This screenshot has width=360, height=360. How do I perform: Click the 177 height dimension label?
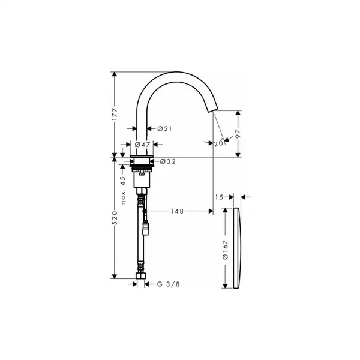point(115,114)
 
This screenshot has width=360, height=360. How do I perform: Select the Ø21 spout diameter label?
point(164,129)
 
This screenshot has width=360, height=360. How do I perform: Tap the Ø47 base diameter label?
point(143,145)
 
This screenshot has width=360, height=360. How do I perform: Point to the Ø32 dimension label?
point(168,161)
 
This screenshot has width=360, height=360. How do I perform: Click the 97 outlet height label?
point(238,134)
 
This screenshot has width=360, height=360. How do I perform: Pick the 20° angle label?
point(219,143)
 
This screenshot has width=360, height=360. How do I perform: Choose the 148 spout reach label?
point(177,211)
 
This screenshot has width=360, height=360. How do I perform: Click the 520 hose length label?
point(115,218)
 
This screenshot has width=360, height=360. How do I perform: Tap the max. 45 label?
point(123,191)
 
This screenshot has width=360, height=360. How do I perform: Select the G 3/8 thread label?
point(168,284)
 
